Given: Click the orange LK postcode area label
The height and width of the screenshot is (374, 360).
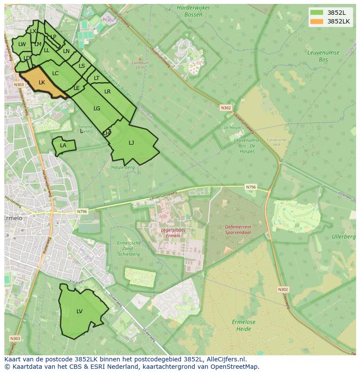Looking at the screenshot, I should [42, 82].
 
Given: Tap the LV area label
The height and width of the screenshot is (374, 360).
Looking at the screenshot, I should [80, 311].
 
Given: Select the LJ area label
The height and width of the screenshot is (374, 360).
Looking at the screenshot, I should [131, 142].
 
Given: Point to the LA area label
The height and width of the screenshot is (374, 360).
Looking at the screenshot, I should [63, 146].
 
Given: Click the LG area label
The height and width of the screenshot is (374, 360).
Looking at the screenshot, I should [97, 109].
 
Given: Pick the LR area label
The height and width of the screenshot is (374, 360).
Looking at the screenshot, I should [107, 92].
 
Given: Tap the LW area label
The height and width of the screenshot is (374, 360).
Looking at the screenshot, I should [22, 44].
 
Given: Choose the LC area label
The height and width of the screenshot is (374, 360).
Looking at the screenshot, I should [55, 73].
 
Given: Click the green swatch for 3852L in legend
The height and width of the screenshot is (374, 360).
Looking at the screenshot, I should [317, 12].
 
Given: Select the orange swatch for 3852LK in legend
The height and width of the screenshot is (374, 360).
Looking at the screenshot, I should [317, 21].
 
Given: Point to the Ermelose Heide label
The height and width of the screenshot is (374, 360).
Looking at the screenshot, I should [243, 325].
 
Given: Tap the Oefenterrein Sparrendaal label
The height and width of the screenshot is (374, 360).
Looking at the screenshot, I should [238, 230].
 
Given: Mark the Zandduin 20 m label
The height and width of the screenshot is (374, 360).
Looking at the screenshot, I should [140, 65].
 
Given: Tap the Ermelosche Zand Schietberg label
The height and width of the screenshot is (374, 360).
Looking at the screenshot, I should [129, 248].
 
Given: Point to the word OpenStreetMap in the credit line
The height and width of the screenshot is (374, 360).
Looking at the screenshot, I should [237, 367].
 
